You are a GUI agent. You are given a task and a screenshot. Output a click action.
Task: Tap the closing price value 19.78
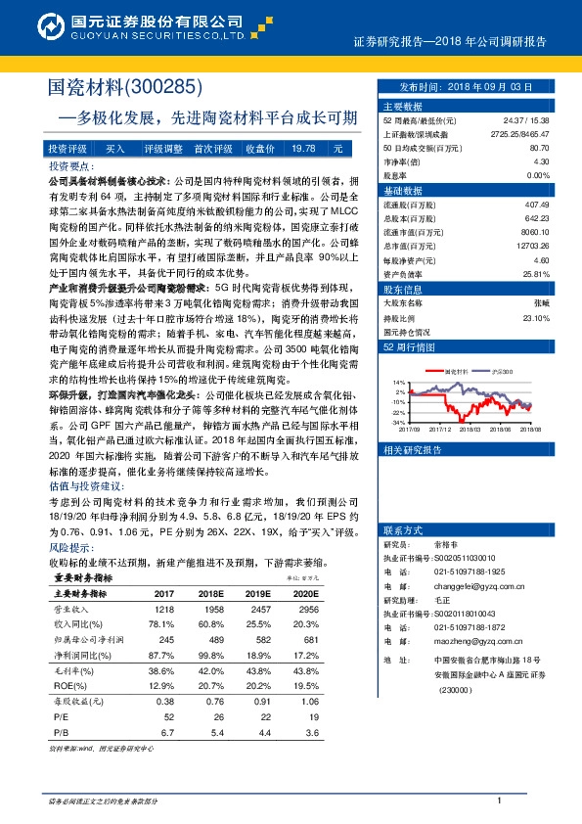(303, 148)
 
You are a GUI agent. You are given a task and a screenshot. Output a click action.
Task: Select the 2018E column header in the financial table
(212, 594)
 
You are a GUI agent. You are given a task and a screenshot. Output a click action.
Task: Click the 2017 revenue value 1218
(163, 610)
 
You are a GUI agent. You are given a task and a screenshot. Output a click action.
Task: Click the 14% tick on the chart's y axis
(398, 382)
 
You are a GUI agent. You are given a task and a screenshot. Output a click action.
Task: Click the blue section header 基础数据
(404, 190)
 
